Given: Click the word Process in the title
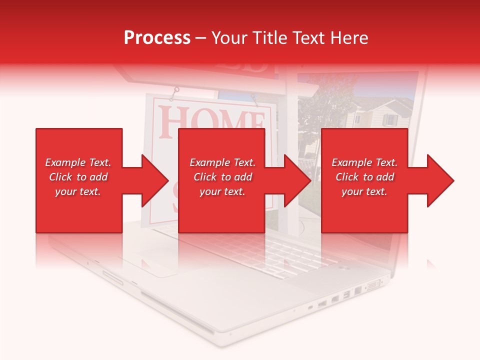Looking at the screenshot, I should [157, 38].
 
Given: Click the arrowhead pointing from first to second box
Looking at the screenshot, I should [155, 180].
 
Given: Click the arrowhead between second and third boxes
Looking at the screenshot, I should [297, 180].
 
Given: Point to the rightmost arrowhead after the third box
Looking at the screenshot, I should [440, 180].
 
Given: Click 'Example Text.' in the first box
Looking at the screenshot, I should [78, 162].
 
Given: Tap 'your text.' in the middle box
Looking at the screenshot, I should [222, 191].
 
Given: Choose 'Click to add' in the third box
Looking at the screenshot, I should [364, 177].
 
